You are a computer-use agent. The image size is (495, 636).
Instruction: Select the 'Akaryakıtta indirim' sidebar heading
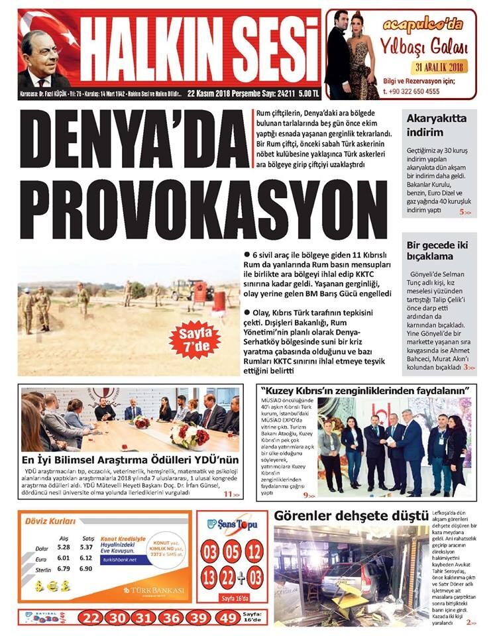437,125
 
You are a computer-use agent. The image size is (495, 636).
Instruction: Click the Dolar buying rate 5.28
64,547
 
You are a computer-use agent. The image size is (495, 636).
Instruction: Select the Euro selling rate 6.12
86,558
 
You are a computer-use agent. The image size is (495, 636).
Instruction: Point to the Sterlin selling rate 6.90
86,568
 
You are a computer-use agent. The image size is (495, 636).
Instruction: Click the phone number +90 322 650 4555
412,91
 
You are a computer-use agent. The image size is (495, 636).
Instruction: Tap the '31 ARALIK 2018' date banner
439,67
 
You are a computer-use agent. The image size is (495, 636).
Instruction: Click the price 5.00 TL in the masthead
307,93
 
